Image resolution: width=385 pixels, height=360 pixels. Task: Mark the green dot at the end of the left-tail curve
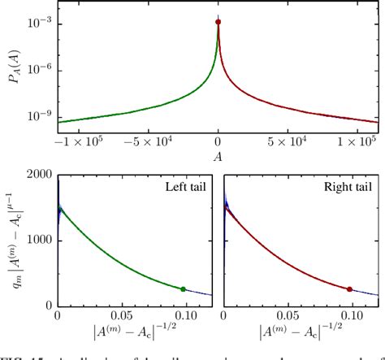tap(183, 288)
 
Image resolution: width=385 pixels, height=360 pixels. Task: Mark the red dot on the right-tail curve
tap(349, 288)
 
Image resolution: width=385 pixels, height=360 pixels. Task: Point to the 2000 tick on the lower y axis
tap(40, 175)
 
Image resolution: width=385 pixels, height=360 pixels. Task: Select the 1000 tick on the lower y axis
tap(40, 241)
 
